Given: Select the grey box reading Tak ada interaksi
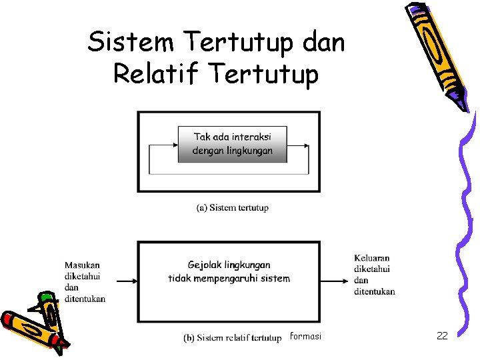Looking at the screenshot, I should pos(233,144).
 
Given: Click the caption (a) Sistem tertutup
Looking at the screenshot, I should pos(233,207).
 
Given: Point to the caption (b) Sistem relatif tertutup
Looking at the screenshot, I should pos(233,338).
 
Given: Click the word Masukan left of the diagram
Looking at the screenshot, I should pos(82,265).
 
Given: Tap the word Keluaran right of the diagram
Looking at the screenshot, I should pos(372,258).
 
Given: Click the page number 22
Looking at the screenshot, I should pos(441,336).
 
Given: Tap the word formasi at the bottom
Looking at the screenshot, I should pos(305,336).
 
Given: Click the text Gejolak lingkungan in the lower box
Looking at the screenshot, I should pos(229,265).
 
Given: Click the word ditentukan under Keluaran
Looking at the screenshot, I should pos(374,291).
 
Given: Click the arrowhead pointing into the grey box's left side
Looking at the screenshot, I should pos(174,144).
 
